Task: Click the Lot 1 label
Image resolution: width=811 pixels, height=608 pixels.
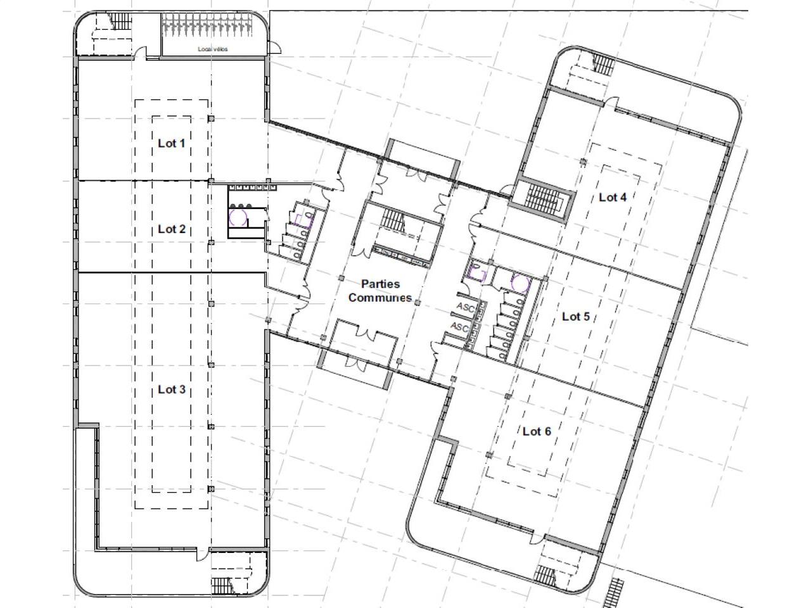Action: click(172, 143)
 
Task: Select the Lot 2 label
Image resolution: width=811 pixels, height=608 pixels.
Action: click(172, 229)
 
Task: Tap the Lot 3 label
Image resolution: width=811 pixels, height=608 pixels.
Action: click(172, 389)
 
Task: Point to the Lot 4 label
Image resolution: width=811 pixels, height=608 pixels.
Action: click(612, 198)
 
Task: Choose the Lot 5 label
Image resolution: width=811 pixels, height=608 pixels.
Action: click(576, 317)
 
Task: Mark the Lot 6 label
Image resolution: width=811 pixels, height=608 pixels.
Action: click(537, 431)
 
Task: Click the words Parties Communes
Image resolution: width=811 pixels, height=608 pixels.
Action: click(380, 291)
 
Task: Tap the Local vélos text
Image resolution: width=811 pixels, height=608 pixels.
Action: click(213, 49)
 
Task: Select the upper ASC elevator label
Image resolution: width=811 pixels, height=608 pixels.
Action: click(466, 307)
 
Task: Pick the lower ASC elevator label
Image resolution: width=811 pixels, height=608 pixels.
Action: click(459, 327)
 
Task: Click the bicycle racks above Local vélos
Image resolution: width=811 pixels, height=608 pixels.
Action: click(207, 25)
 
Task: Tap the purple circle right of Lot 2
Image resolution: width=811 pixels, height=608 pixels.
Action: click(238, 218)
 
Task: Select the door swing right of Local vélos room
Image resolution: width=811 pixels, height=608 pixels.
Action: click(275, 47)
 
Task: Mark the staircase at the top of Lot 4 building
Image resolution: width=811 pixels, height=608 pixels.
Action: click(603, 64)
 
